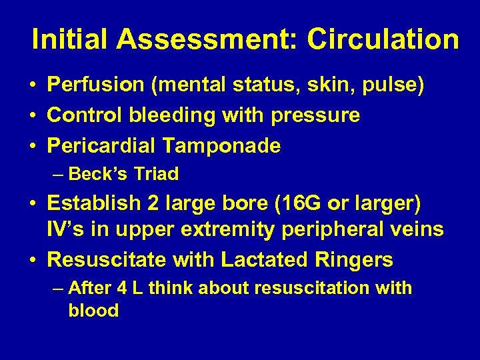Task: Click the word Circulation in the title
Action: pos(383,39)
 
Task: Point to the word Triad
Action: pos(156,175)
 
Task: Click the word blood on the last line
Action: pos(93,311)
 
